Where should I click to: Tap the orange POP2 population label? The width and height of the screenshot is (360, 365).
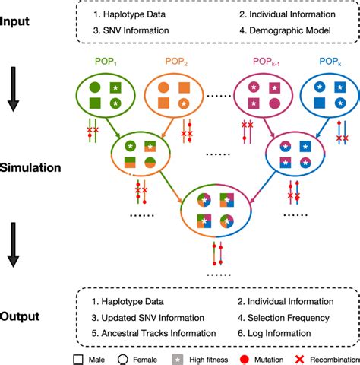point(178,62)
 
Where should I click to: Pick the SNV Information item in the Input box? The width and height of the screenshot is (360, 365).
point(131,32)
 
